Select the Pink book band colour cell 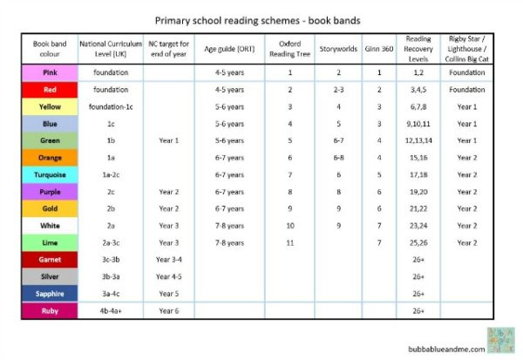point(49,72)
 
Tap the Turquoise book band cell point(49,174)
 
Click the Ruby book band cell point(49,310)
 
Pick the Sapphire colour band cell point(49,293)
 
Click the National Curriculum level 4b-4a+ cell point(111,310)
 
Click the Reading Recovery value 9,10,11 point(419,124)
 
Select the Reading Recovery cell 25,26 point(419,242)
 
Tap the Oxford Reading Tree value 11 point(289,242)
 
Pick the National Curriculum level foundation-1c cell point(111,106)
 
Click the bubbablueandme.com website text point(444,346)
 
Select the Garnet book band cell point(49,259)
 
